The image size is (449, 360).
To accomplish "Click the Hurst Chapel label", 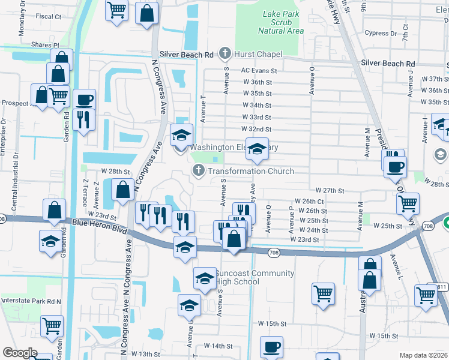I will [258, 54].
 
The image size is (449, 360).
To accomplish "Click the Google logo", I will [19, 353].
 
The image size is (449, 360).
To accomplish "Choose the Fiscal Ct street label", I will [49, 16].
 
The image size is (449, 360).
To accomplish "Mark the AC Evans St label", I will [258, 70].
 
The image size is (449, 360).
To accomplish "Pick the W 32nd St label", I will [256, 129].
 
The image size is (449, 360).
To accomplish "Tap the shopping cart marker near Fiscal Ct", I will [117, 10].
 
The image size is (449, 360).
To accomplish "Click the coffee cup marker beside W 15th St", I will [271, 347].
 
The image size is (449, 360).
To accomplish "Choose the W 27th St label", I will [329, 190].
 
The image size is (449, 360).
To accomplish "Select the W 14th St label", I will [218, 346].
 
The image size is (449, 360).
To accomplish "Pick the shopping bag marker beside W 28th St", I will [122, 190].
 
